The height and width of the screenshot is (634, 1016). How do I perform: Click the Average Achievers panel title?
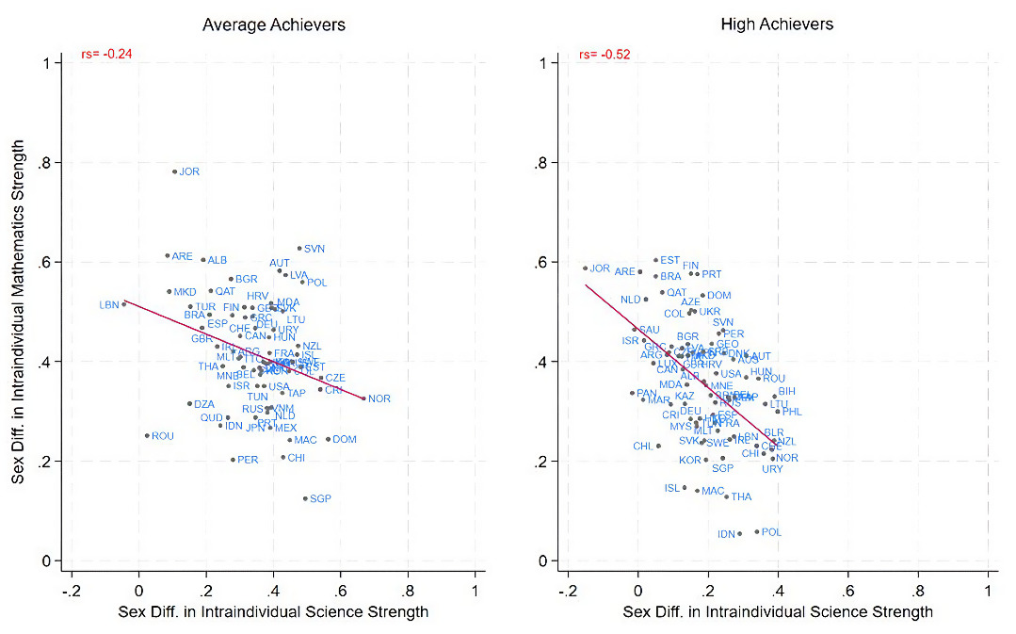pyautogui.click(x=273, y=24)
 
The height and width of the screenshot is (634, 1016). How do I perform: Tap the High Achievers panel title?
pyautogui.click(x=777, y=24)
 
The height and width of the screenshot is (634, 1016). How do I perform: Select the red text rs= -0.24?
pyautogui.click(x=105, y=54)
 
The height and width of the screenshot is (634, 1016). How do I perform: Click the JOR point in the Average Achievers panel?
pyautogui.click(x=174, y=171)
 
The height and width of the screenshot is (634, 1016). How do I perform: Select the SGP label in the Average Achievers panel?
pyautogui.click(x=320, y=498)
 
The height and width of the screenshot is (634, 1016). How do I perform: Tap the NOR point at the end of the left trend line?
pyautogui.click(x=364, y=398)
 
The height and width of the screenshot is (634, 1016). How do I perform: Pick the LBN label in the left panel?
pyautogui.click(x=109, y=304)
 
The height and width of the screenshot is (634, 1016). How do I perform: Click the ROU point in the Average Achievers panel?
pyautogui.click(x=147, y=435)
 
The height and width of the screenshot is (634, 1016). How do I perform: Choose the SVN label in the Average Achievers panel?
pyautogui.click(x=314, y=249)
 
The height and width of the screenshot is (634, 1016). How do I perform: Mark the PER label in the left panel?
pyautogui.click(x=248, y=460)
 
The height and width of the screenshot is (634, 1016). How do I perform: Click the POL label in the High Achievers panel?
pyautogui.click(x=771, y=532)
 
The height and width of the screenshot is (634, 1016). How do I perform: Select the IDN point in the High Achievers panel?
pyautogui.click(x=739, y=534)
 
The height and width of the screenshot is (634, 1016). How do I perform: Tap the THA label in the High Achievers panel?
pyautogui.click(x=741, y=496)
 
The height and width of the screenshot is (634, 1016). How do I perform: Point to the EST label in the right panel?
pyautogui.click(x=669, y=260)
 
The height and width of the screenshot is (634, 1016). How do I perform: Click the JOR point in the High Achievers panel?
pyautogui.click(x=585, y=268)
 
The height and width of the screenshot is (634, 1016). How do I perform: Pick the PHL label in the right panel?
pyautogui.click(x=792, y=412)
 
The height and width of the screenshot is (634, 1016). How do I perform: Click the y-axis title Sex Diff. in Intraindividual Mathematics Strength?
pyautogui.click(x=19, y=311)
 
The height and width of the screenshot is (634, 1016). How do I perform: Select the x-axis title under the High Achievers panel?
pyautogui.click(x=778, y=612)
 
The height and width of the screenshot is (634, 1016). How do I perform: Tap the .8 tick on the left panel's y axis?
pyautogui.click(x=43, y=162)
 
